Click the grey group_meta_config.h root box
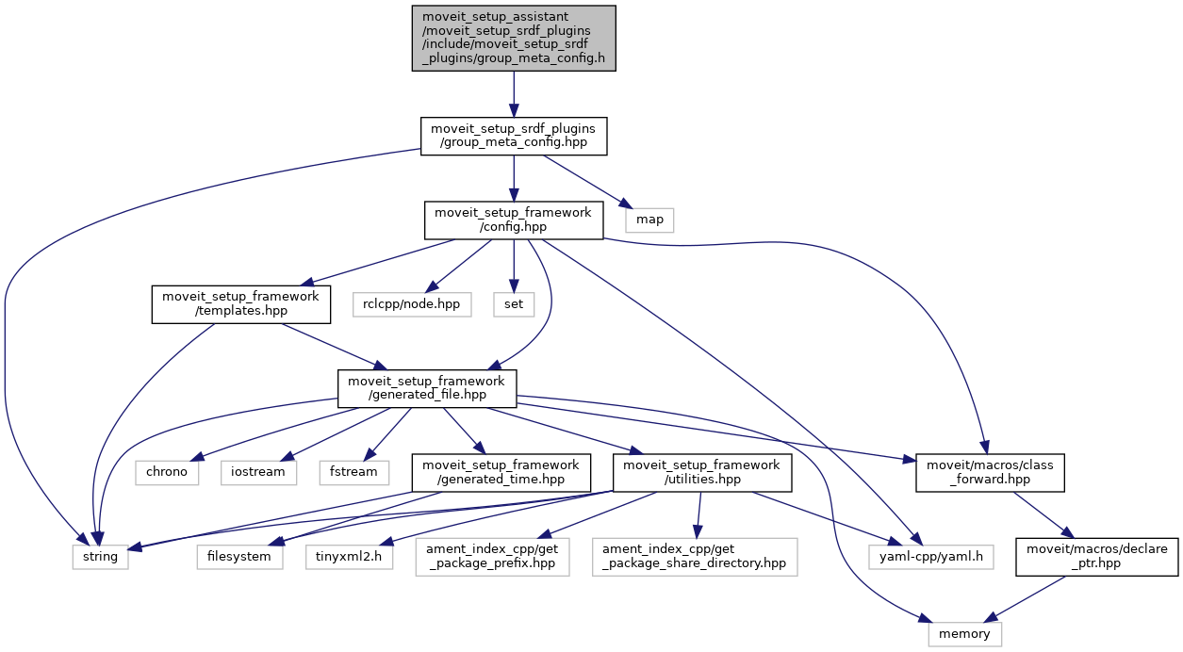pos(514,38)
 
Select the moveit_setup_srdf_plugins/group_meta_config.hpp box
pos(514,137)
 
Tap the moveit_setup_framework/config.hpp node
pos(513,220)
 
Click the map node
pos(649,220)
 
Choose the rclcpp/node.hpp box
pos(411,304)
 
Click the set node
pos(512,304)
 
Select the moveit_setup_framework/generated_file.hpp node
pos(427,387)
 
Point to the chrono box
pos(167,471)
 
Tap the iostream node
pos(259,471)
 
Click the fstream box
pos(353,471)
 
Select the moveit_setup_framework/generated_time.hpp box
pos(501,472)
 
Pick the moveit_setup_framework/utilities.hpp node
pos(702,472)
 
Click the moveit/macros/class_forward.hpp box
pos(990,472)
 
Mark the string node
pos(101,556)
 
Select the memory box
pos(964,634)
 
